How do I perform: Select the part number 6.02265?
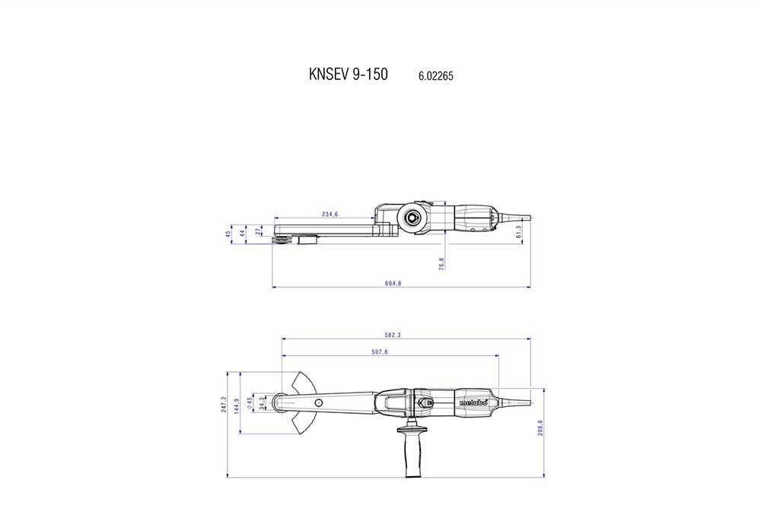coord(436,76)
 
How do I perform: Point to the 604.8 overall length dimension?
coord(393,284)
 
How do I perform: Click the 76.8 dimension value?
coord(441,262)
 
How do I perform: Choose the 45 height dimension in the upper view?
coord(228,234)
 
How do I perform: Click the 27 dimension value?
coord(259,231)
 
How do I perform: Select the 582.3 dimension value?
coord(393,335)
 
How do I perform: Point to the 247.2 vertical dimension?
coord(224,405)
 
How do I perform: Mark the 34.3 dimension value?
coord(262,403)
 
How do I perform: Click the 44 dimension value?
coord(243,234)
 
